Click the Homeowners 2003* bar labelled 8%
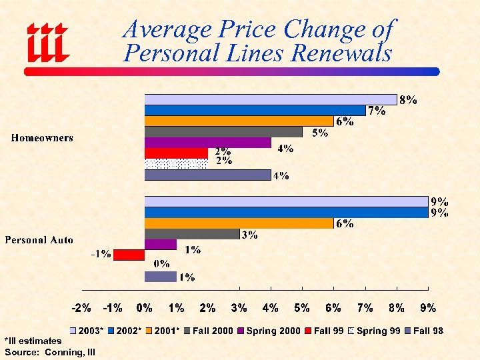click(x=270, y=99)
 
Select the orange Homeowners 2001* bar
click(x=239, y=121)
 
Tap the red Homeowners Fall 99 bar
click(x=176, y=153)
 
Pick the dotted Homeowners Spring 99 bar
click(x=176, y=163)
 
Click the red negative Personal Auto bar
click(x=129, y=255)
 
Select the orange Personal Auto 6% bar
click(x=239, y=223)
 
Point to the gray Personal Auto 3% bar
click(x=191, y=233)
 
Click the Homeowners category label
click(x=42, y=138)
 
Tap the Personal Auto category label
click(x=39, y=239)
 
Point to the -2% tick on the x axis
click(x=81, y=308)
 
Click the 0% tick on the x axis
click(x=145, y=308)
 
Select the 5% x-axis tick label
click(x=302, y=308)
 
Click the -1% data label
click(x=101, y=254)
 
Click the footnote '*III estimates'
click(x=33, y=341)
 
